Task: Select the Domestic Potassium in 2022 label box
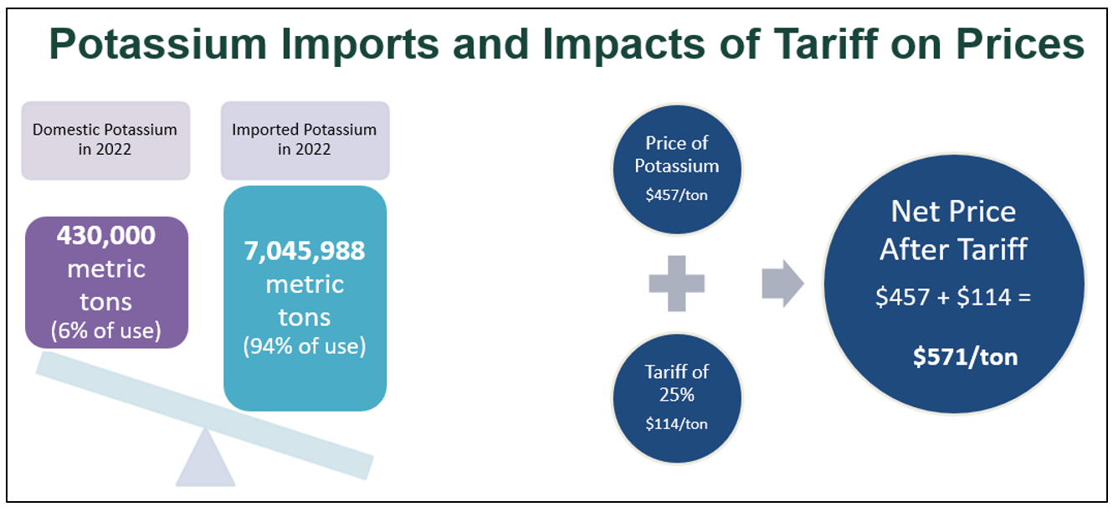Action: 105,140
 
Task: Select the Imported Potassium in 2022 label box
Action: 305,140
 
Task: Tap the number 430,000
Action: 106,236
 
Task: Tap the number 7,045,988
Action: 305,251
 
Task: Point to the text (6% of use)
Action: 106,330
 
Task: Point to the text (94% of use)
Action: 305,346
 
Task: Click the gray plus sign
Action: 677,284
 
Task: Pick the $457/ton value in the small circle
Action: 676,195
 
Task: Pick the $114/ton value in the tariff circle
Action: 676,424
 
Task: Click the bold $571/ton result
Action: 965,357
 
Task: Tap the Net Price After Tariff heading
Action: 953,230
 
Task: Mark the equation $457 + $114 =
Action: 953,297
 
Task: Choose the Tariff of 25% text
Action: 676,382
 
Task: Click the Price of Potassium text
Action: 676,154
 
